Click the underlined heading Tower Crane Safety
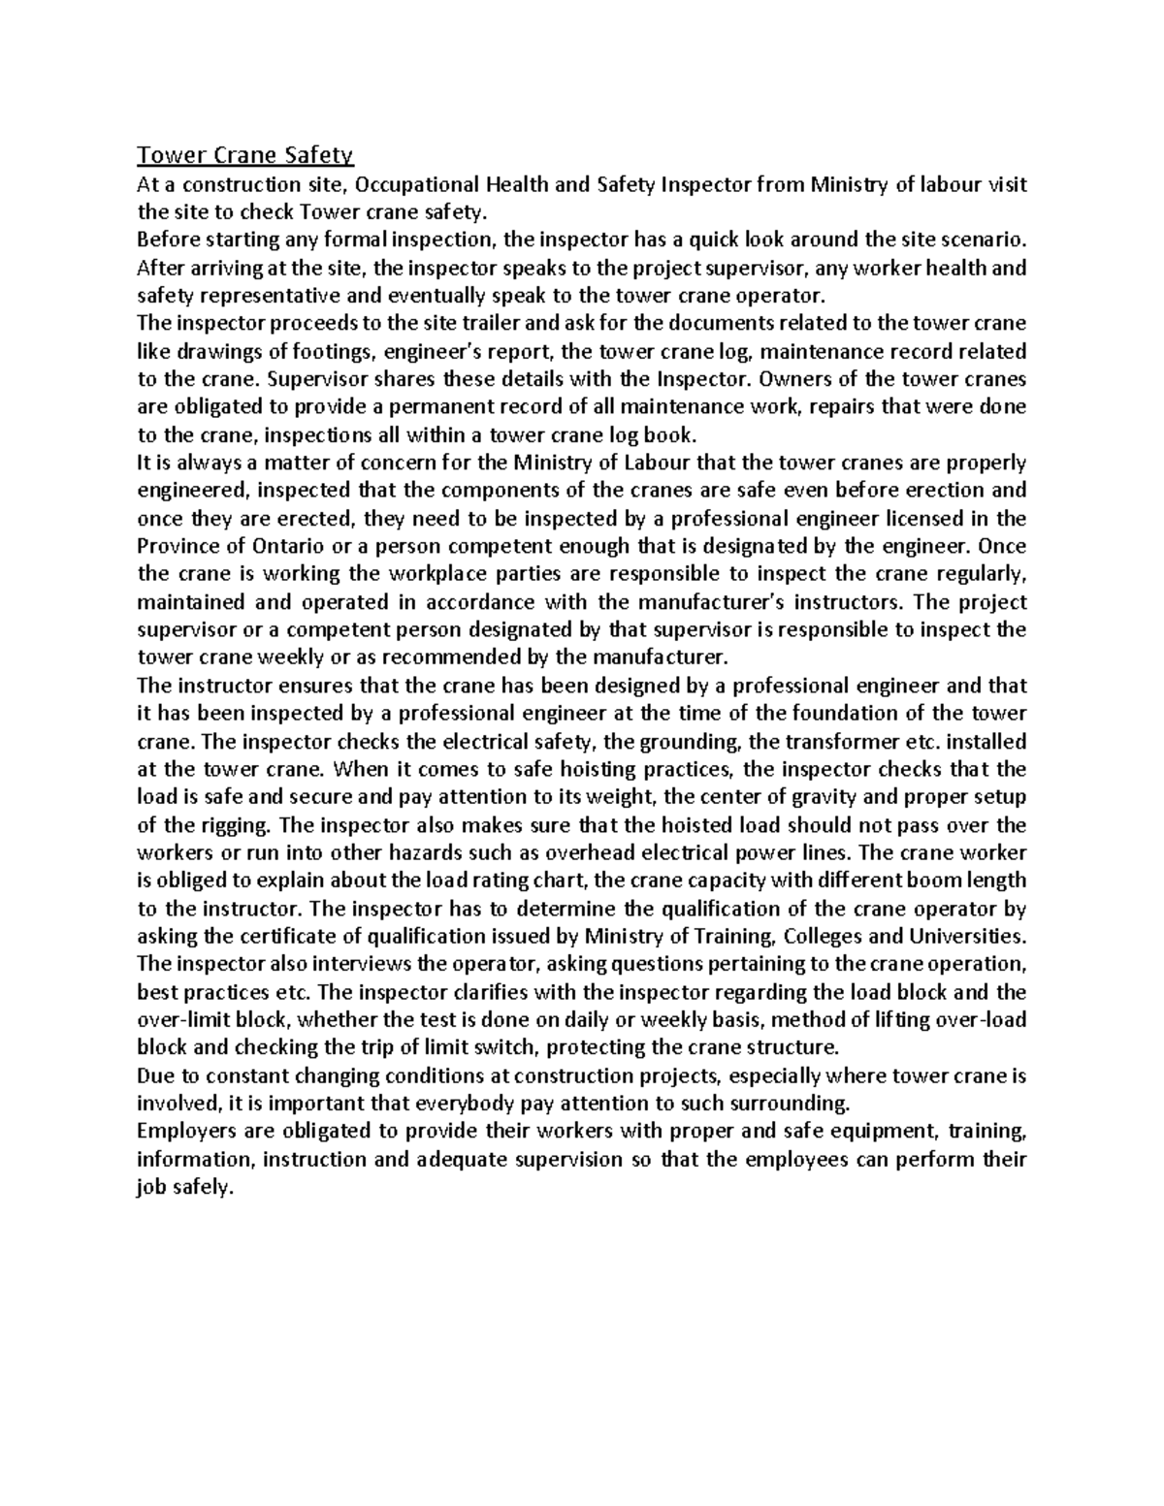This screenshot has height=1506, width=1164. pos(246,155)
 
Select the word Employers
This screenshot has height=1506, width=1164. pos(187,1133)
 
